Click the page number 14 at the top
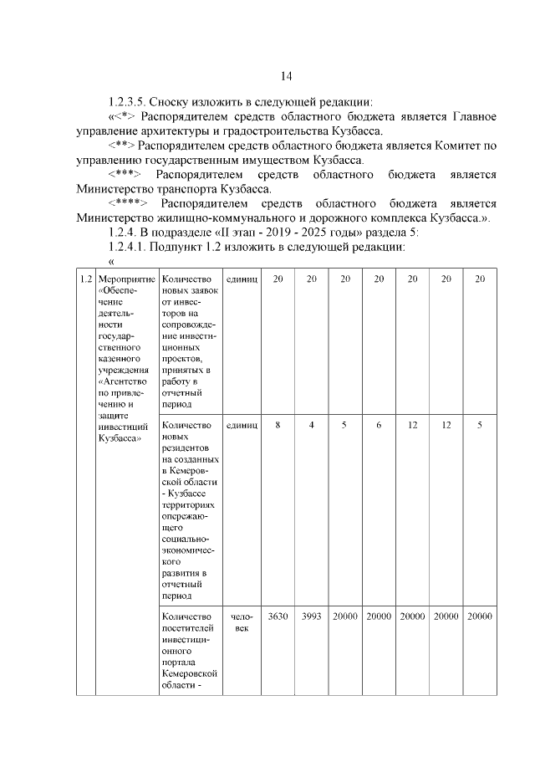pyautogui.click(x=286, y=77)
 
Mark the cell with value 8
pyautogui.click(x=278, y=426)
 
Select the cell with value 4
pyautogui.click(x=311, y=426)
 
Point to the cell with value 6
pyautogui.click(x=378, y=426)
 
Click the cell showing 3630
pyautogui.click(x=278, y=616)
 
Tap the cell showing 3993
pyautogui.click(x=311, y=616)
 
